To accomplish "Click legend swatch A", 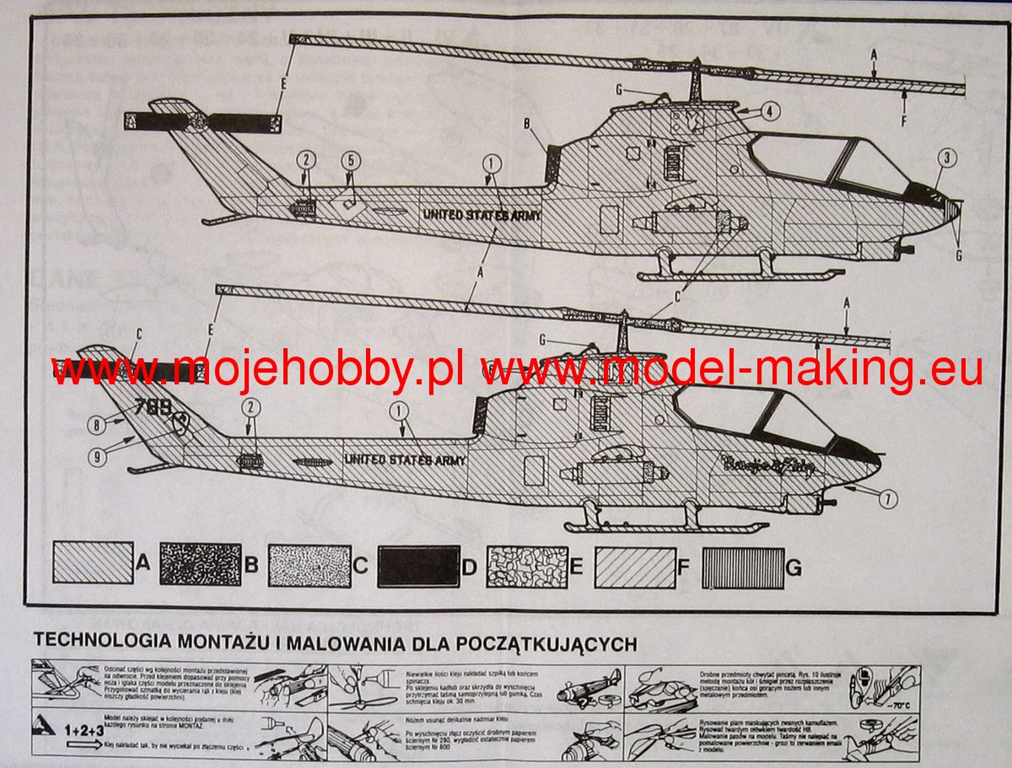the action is tap(93, 564).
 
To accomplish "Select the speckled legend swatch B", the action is tap(200, 564).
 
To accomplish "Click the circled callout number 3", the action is tap(946, 158).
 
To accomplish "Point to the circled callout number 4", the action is tap(767, 111).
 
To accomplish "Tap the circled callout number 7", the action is tap(886, 498).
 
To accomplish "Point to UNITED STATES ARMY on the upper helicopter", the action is tap(482, 215).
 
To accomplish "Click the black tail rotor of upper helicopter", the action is tap(202, 122).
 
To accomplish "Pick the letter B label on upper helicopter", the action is tap(528, 125).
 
